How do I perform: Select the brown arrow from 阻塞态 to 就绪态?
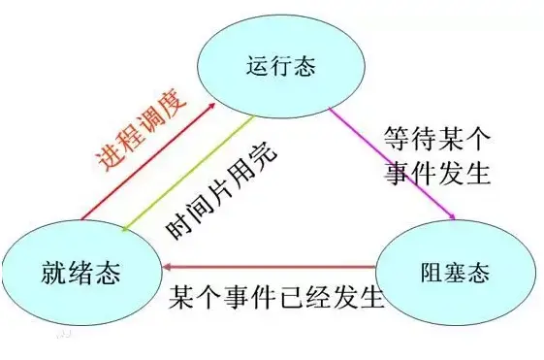pyautogui.click(x=272, y=265)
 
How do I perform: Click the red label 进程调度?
pyautogui.click(x=135, y=139)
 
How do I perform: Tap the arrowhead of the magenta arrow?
pyautogui.click(x=450, y=214)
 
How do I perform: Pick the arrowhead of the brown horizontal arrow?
pyautogui.click(x=168, y=265)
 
